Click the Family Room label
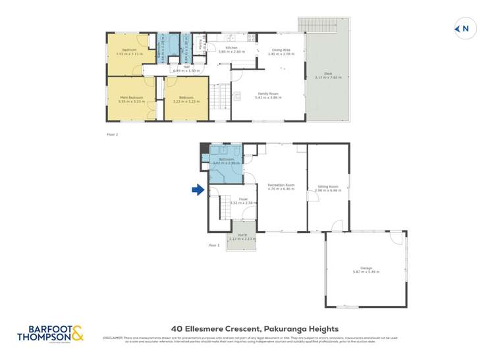(267, 95)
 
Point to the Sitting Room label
(327, 188)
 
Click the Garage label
(366, 269)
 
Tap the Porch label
(242, 236)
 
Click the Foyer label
(233, 200)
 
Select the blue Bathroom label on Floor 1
(226, 159)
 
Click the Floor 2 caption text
(112, 134)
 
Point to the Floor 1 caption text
(213, 245)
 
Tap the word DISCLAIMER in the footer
(114, 338)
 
